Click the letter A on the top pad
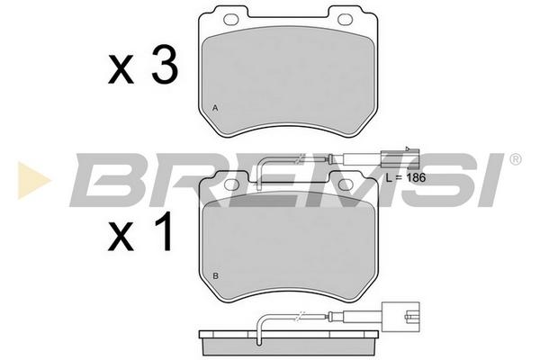215,108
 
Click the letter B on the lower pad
216,276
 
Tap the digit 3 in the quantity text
166,66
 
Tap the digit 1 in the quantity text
165,231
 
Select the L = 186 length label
406,178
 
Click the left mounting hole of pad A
231,19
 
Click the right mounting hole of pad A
346,19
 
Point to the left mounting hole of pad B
231,185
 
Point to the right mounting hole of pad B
346,185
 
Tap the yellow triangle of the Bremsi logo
32,180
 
